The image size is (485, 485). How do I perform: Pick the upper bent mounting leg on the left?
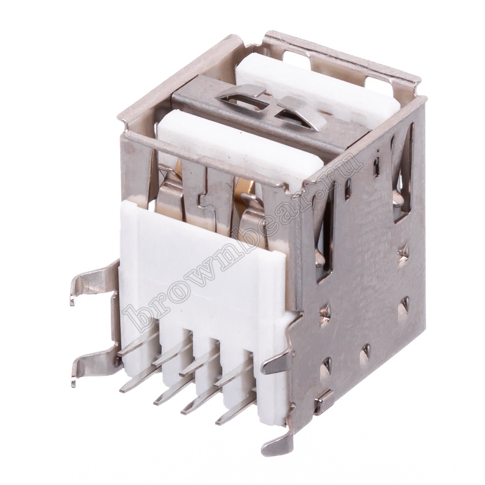(93, 281)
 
